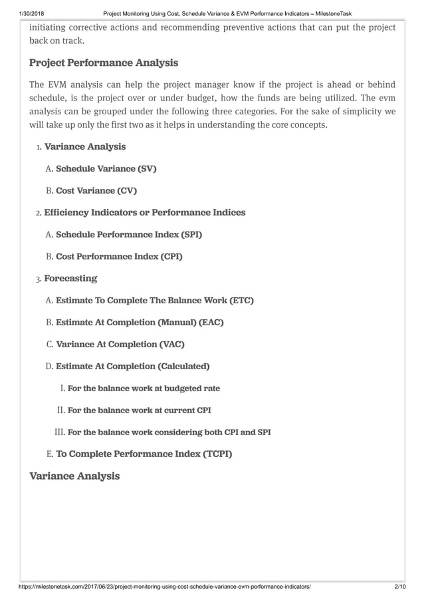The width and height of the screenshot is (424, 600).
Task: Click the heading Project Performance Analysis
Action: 104,63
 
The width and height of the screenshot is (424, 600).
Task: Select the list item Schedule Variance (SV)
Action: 106,169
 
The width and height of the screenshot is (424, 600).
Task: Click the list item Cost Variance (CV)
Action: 96,191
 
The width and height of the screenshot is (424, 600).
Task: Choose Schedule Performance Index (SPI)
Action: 129,235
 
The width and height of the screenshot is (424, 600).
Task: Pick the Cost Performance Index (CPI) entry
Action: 119,256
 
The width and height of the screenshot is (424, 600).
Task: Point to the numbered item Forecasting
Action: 70,278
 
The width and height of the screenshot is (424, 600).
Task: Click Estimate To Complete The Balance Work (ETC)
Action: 155,301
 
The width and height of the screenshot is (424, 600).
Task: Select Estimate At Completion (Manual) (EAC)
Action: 140,323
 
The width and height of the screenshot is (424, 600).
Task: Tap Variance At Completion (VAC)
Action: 120,345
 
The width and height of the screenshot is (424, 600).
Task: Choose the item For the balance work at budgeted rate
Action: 144,388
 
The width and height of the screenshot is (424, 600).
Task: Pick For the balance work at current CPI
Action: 140,410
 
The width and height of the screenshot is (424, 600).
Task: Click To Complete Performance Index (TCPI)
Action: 144,454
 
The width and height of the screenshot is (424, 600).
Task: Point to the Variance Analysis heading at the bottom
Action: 75,476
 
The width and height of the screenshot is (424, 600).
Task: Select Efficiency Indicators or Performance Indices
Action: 144,213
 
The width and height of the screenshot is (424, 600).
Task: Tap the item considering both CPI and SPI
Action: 169,432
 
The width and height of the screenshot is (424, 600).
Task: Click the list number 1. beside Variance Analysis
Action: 39,147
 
